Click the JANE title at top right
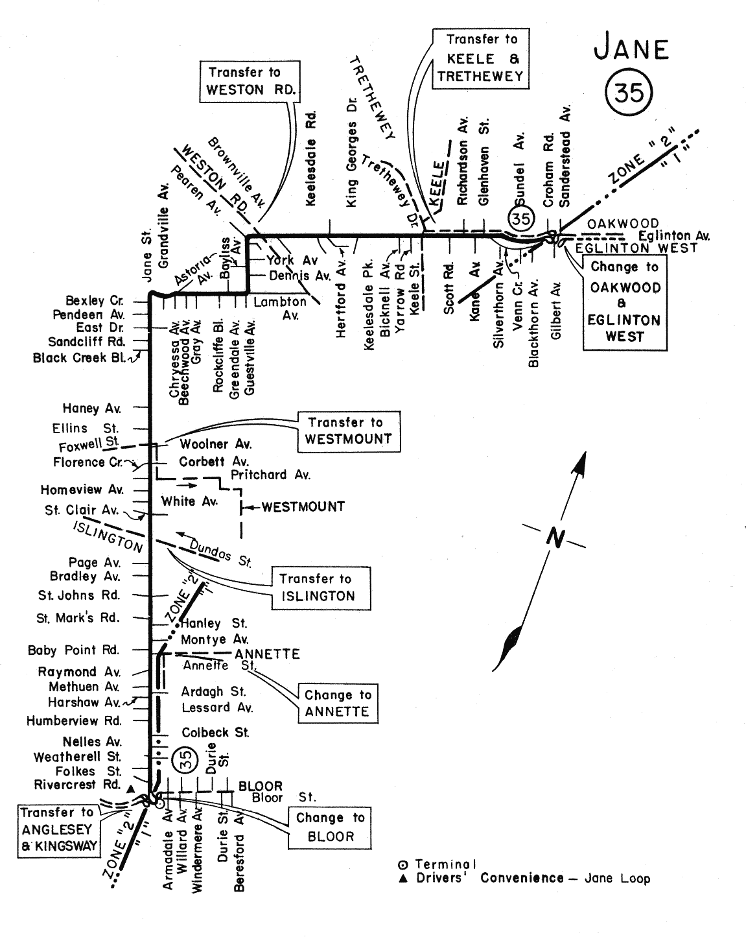point(631,49)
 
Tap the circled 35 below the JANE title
point(629,93)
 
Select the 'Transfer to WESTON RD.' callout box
point(250,81)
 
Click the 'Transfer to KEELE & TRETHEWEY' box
point(480,58)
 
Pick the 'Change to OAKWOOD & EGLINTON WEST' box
point(624,302)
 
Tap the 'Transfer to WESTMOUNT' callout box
point(348,431)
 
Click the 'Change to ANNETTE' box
point(338,704)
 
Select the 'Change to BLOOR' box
point(331,827)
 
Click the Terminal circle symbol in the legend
point(403,864)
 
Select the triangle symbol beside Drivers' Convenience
point(403,879)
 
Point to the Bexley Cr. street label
point(93,301)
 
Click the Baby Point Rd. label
point(73,650)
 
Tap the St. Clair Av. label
point(82,510)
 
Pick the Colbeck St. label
point(215,733)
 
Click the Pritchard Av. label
point(270,475)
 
